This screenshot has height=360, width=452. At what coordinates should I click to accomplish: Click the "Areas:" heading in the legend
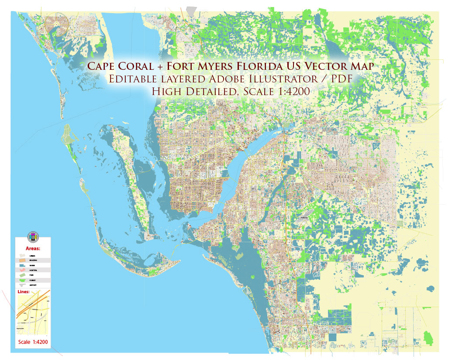(x=33, y=248)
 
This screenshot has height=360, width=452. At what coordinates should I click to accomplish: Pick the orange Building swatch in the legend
(x=22, y=260)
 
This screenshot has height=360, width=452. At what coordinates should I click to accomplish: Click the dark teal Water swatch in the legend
(x=22, y=265)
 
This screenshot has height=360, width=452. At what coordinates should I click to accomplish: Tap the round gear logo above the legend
(x=33, y=237)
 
